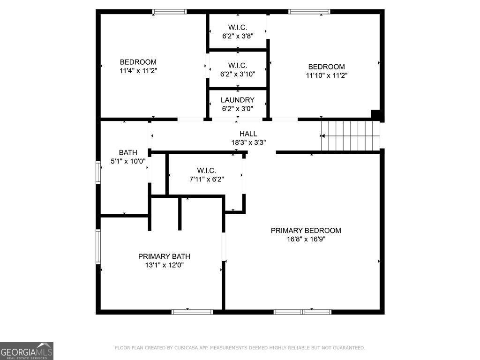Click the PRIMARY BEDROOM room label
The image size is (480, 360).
pos(306,230)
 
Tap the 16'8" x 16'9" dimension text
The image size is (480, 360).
pos(306,239)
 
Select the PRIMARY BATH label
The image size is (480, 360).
pos(164,256)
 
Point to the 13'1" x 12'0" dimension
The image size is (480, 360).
pos(164,265)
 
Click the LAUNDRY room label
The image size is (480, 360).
pos(238,100)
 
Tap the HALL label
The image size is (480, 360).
pos(248,134)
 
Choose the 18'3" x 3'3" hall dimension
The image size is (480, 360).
pos(248,142)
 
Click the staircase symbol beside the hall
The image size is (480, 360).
pos(350,136)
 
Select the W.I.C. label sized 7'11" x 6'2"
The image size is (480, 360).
pos(206,170)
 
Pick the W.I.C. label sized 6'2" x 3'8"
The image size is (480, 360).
pos(238,27)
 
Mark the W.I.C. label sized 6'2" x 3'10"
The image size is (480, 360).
pos(238,65)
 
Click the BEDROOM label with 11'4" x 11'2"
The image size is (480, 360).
pos(138,62)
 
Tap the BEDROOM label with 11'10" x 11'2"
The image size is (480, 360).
pos(326,67)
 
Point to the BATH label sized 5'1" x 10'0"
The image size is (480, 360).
pos(128,152)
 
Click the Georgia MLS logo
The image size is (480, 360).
pos(27,351)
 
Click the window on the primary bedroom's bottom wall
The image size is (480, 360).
pos(302,312)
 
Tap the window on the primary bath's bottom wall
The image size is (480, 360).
pos(192,312)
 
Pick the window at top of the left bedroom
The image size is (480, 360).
pos(170,12)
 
